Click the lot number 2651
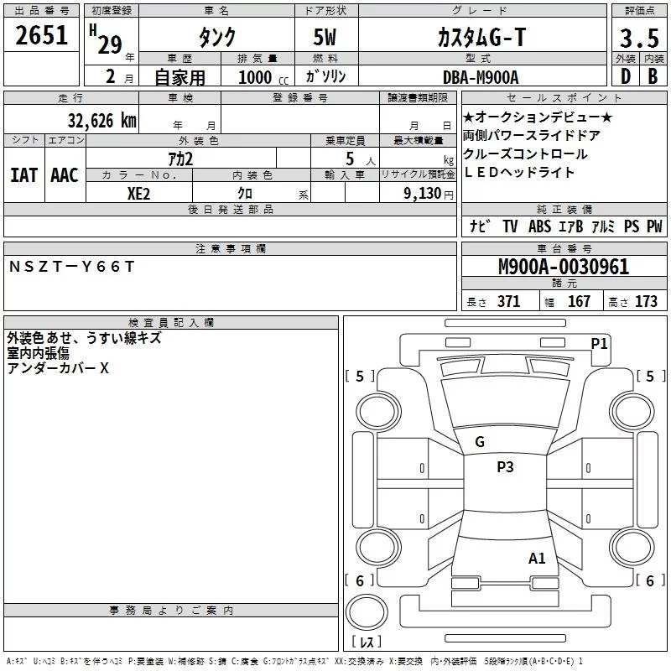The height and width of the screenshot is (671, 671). (x=41, y=35)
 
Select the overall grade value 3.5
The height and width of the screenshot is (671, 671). (x=639, y=39)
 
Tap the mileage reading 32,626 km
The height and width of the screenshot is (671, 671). (x=101, y=121)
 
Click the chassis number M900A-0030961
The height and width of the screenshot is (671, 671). (x=564, y=267)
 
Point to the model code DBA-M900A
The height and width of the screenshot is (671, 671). (x=481, y=77)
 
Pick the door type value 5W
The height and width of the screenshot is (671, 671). (x=325, y=37)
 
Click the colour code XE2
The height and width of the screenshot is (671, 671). (x=138, y=194)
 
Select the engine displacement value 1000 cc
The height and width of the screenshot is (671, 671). (x=263, y=77)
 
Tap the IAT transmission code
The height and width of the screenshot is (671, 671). (x=23, y=175)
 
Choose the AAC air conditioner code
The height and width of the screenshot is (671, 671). (x=65, y=175)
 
